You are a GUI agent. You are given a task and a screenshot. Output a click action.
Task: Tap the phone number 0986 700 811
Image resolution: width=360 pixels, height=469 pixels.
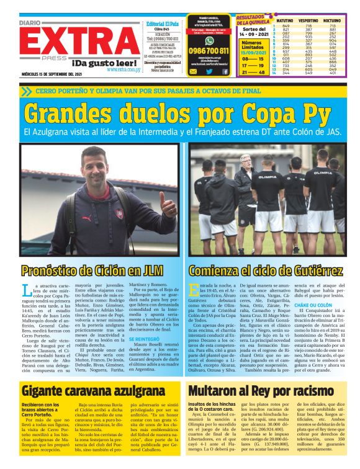pos(209,50)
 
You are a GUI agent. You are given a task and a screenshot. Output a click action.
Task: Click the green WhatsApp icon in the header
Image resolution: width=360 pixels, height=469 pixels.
pos(193,71)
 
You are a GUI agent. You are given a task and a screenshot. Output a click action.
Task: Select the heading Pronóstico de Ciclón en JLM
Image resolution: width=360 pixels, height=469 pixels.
pos(89,271)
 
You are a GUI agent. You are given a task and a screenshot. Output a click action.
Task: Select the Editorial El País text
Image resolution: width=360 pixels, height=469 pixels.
pos(162,23)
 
